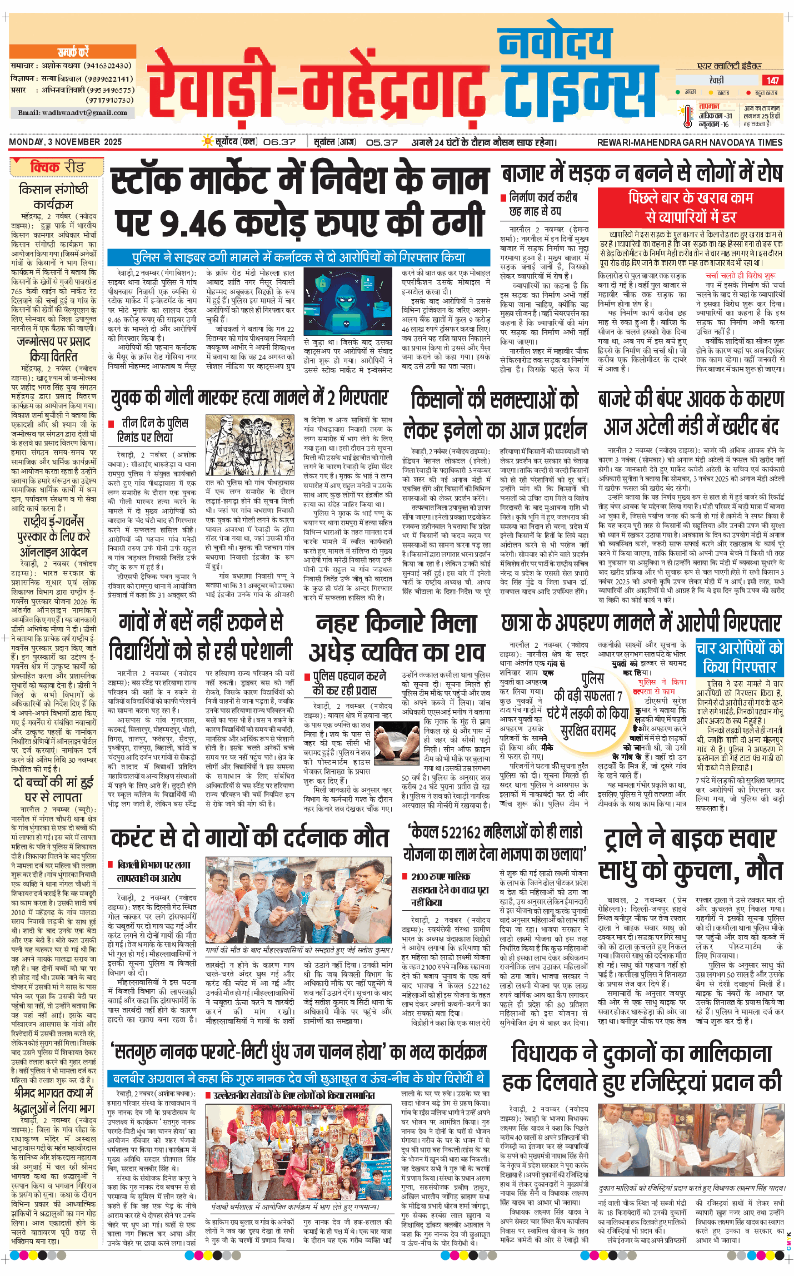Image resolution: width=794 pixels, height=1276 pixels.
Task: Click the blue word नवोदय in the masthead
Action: point(555,44)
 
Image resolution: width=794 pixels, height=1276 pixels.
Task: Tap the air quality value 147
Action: point(772,81)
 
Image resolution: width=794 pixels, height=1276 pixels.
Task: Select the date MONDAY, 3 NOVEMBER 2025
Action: point(66,142)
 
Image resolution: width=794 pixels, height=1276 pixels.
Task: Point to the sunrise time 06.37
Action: point(279,142)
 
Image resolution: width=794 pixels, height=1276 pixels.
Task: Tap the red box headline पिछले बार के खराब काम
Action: point(690,207)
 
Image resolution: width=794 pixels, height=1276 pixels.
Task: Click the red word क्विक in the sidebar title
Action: point(45,167)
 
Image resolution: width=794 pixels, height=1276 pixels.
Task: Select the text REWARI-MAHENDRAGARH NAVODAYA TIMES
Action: point(690,142)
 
